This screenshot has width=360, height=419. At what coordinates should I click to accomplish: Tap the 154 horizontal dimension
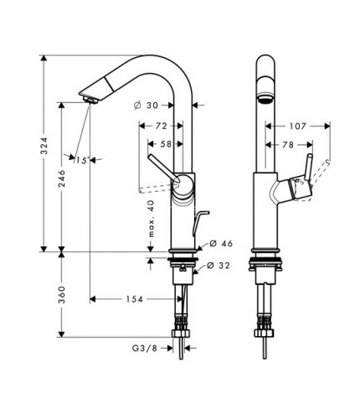(133, 299)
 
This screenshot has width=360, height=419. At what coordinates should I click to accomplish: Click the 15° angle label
(81, 159)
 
